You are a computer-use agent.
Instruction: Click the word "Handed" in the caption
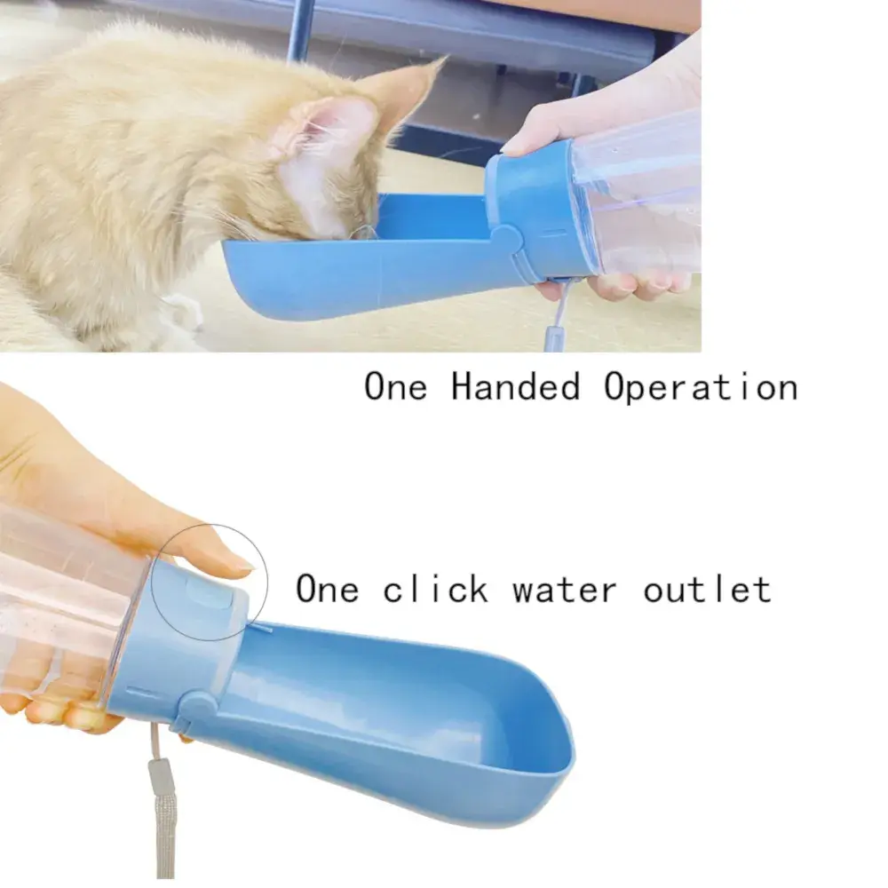(x=515, y=386)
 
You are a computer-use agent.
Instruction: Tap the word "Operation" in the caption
(x=701, y=386)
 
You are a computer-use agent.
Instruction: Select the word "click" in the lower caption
(x=435, y=588)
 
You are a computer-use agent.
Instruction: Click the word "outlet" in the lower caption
(x=708, y=588)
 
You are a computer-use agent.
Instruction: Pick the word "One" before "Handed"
(x=395, y=386)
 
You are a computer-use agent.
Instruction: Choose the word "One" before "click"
(x=328, y=588)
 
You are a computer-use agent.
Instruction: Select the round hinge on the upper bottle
(x=506, y=241)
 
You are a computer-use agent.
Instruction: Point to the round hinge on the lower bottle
(x=196, y=707)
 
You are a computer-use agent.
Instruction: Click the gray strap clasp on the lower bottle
(x=159, y=777)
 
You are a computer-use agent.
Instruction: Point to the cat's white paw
(x=181, y=318)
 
